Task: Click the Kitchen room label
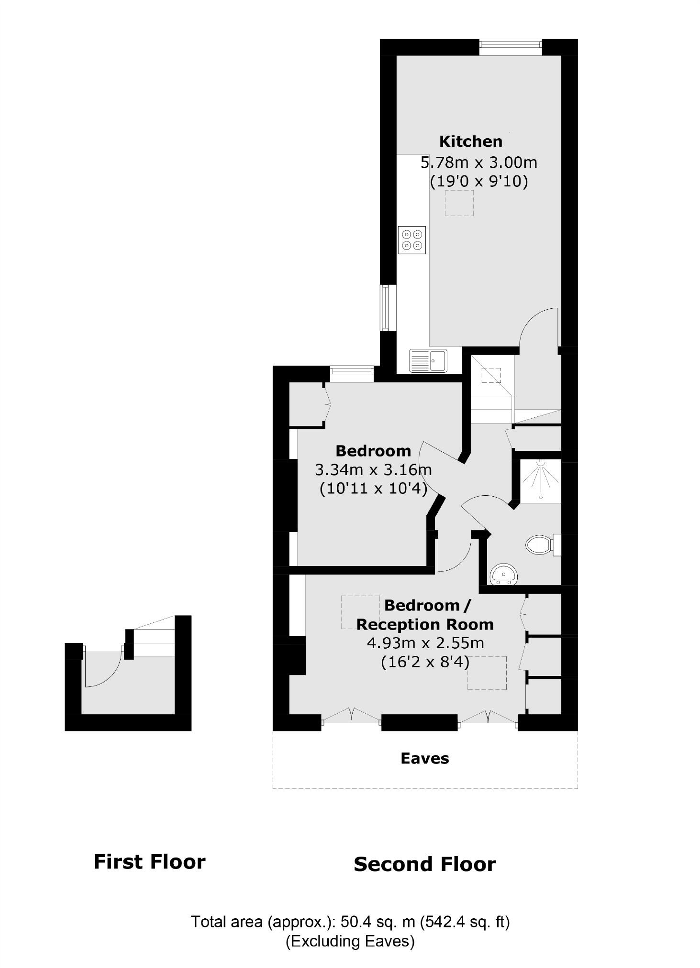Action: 470,141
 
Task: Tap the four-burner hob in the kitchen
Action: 411,240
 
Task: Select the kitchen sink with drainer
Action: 428,360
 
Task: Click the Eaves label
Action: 424,759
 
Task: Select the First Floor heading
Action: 149,862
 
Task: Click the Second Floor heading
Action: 424,864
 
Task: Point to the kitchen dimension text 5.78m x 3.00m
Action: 478,163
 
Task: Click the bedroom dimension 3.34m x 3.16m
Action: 373,470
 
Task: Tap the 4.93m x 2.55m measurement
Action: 425,643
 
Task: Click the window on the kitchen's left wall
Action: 385,307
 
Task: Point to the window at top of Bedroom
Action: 352,373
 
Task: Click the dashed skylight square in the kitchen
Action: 459,203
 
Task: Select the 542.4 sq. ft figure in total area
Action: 465,921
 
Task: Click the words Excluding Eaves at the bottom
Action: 350,941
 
